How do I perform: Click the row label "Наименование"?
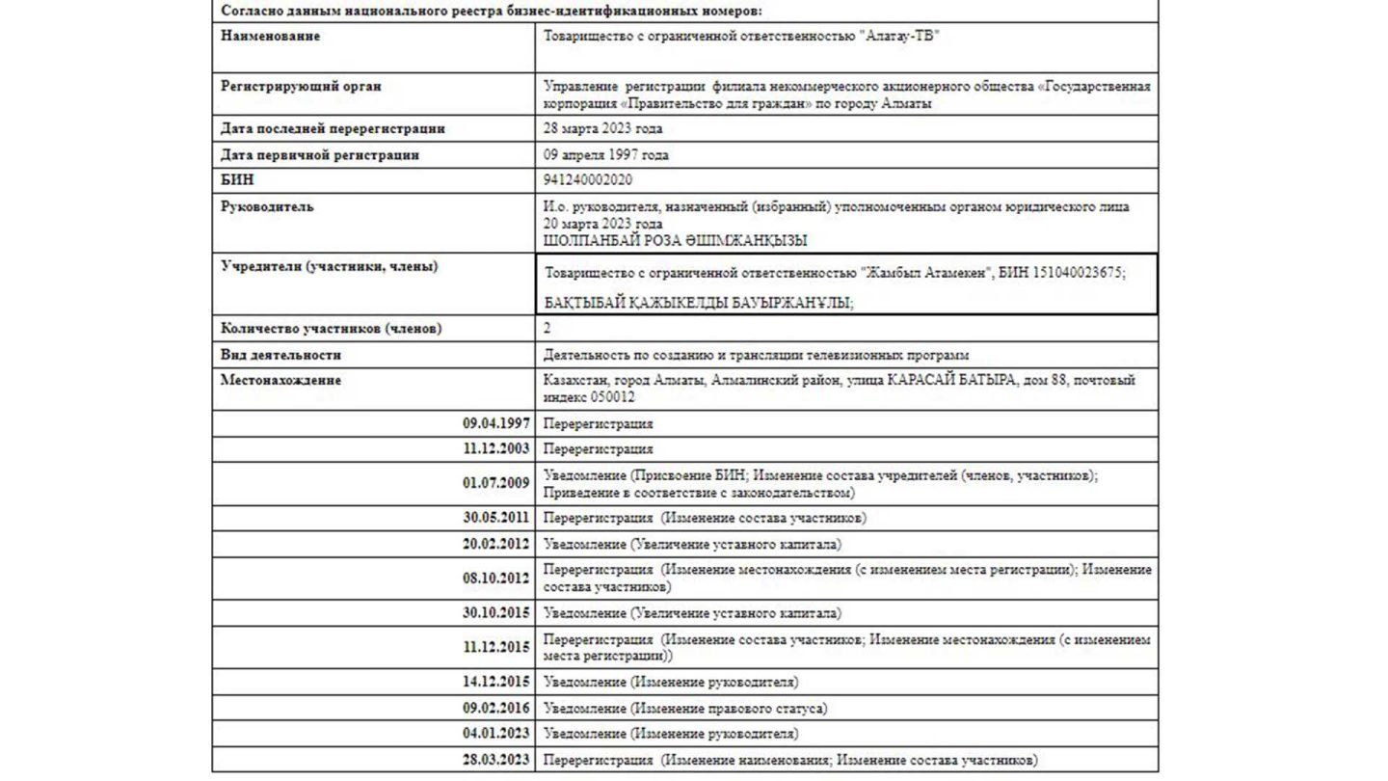point(271,37)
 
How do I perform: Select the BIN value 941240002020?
point(588,180)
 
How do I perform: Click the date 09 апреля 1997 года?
point(605,155)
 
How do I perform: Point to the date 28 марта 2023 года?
point(602,129)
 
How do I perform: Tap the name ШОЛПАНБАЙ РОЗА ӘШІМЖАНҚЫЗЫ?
point(675,241)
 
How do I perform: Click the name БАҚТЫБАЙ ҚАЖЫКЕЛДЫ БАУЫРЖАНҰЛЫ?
point(700,303)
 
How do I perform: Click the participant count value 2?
point(547,329)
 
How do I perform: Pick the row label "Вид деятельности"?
point(280,355)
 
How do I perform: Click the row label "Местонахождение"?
point(280,380)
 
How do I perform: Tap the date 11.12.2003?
point(495,449)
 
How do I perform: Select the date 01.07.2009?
point(495,483)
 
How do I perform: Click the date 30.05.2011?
point(495,518)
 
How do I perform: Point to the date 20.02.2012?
point(495,544)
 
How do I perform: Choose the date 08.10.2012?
point(495,579)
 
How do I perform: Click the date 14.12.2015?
point(495,683)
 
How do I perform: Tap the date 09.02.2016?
point(495,709)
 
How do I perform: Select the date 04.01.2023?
point(495,734)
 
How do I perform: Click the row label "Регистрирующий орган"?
point(301,86)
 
